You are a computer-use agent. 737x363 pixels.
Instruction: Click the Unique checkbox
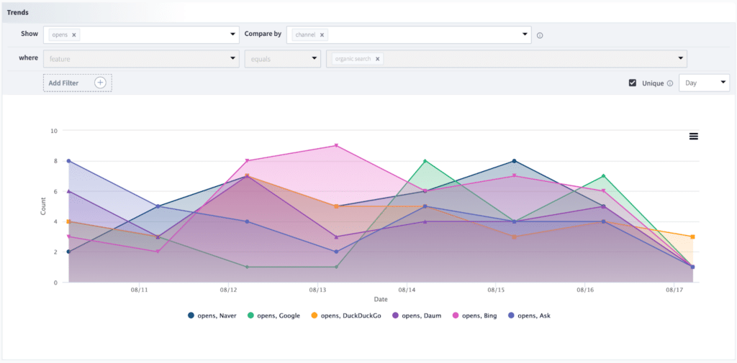point(633,83)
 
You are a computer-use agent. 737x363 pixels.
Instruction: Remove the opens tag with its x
point(74,35)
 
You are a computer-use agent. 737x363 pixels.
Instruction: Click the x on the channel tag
point(322,35)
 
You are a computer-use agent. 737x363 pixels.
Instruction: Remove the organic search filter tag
point(378,59)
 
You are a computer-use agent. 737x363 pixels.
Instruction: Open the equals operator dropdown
point(282,59)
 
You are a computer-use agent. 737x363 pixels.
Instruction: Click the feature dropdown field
point(140,59)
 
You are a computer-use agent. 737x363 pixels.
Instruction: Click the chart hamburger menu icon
point(694,136)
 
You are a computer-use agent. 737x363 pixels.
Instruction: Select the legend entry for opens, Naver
point(213,316)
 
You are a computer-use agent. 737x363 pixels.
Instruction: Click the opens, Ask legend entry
point(533,316)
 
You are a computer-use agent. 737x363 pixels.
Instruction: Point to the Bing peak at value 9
point(336,146)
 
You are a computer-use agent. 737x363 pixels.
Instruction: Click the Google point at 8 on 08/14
point(425,161)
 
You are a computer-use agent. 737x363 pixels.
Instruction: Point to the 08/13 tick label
point(317,290)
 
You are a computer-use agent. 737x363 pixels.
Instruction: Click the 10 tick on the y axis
point(53,131)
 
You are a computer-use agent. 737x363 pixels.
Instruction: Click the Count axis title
point(43,207)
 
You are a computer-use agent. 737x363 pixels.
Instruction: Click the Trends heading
point(18,12)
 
